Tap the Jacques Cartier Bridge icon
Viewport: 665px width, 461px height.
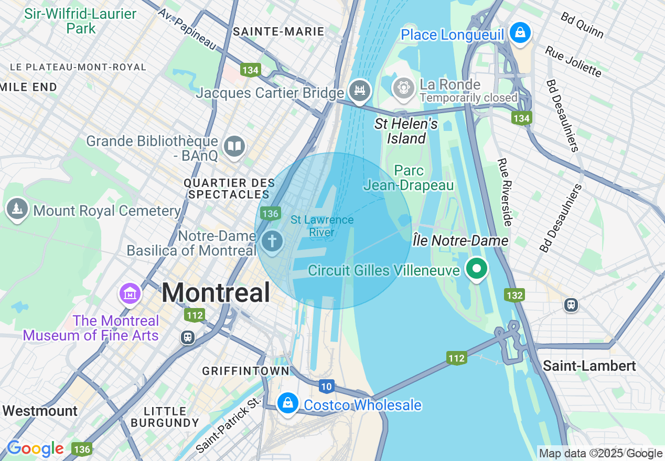pos(360,91)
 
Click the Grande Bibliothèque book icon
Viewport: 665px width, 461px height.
pos(234,147)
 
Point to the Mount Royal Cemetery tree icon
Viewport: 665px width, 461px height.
pos(17,209)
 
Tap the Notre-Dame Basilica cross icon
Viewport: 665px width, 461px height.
pos(272,242)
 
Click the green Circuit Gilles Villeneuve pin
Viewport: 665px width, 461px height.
pos(476,269)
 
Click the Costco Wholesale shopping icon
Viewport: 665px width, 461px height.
pos(287,403)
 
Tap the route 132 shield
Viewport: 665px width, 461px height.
pos(514,295)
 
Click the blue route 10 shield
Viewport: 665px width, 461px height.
pos(326,387)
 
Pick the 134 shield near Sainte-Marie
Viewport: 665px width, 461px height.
pos(250,70)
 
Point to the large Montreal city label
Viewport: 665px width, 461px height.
pos(216,292)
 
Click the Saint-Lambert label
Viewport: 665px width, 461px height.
pos(589,366)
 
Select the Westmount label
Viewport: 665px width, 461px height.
pos(40,411)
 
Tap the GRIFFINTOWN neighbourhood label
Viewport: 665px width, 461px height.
pos(245,371)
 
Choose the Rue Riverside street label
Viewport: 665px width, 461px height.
pos(504,192)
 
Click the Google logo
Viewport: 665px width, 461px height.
pos(35,448)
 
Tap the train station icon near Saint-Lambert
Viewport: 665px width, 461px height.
pos(571,304)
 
